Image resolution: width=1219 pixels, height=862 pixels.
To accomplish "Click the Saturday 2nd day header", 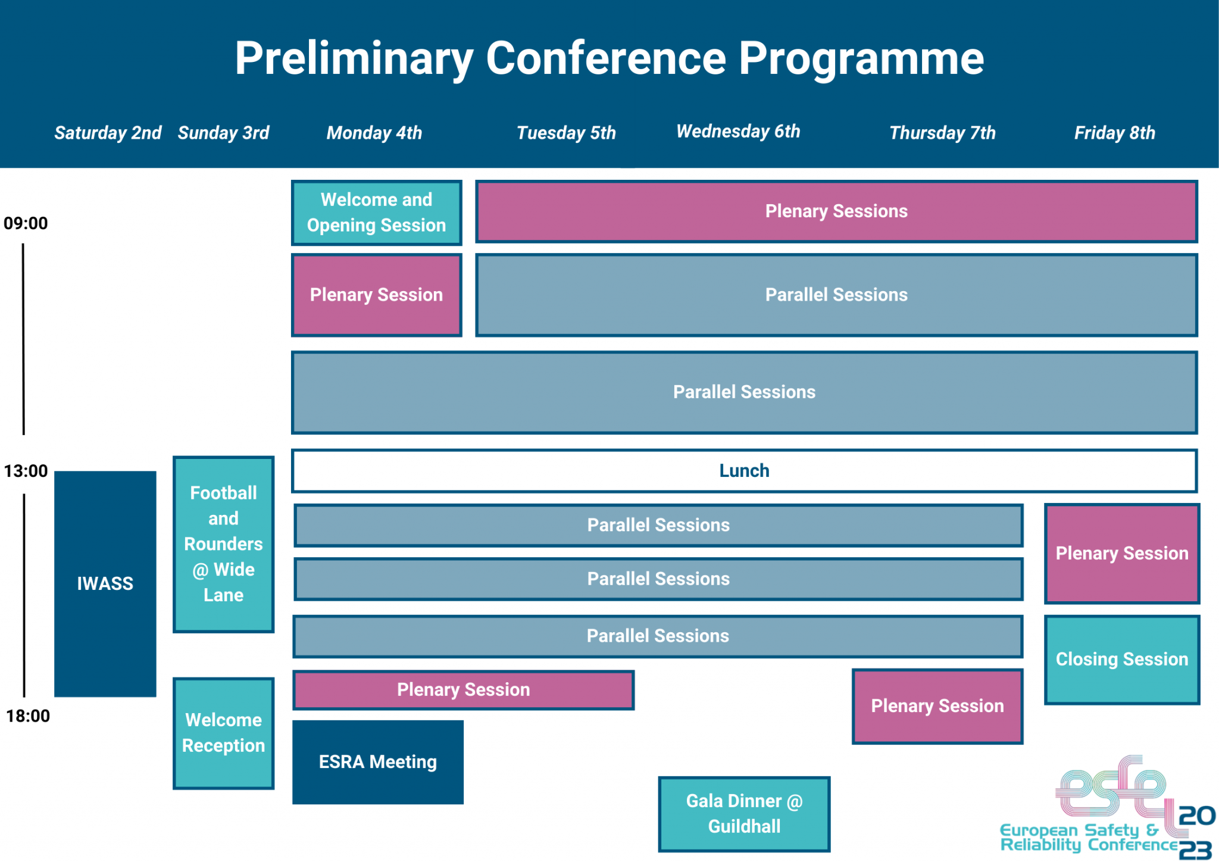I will tap(108, 133).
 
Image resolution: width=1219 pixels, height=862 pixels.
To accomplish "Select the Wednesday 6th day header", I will tap(738, 132).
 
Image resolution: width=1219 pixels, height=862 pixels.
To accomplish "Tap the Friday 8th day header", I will tap(1114, 133).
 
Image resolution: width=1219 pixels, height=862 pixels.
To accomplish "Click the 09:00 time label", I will tap(26, 223).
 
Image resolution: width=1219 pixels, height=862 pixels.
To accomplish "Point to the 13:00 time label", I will tap(26, 471).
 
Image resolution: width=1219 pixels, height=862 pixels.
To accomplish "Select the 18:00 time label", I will tap(27, 716).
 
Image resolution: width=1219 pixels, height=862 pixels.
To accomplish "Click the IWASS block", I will tap(105, 583).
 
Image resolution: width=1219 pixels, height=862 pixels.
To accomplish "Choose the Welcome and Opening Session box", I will tap(376, 213).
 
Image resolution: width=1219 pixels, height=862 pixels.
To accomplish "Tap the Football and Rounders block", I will tap(223, 544).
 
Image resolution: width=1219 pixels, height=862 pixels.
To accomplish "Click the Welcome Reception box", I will tap(223, 733).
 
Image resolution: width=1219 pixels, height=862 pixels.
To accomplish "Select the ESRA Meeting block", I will tap(377, 762).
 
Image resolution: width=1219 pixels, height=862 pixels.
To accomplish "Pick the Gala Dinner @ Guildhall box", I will tap(744, 814).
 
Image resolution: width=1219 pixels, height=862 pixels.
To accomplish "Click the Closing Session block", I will tap(1121, 660).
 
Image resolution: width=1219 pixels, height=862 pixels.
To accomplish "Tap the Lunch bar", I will tap(744, 471).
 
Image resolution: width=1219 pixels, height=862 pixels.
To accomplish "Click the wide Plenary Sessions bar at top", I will tap(836, 211).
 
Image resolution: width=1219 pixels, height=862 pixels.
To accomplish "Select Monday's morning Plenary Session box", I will tap(376, 295).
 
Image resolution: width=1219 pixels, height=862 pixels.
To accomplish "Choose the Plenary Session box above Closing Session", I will tap(1121, 554).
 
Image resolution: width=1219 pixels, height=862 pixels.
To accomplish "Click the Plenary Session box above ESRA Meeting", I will tap(463, 689).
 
